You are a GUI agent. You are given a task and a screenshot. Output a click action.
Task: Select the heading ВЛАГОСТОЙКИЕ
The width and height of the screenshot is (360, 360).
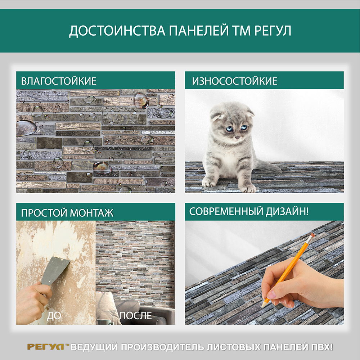coord(59,81)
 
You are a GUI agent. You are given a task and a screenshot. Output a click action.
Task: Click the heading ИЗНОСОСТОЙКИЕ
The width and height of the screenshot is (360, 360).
coord(235,81)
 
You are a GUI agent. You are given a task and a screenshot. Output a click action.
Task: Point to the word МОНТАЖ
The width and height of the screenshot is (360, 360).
coord(91,213)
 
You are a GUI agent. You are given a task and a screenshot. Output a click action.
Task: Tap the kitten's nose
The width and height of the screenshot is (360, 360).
coord(237,137)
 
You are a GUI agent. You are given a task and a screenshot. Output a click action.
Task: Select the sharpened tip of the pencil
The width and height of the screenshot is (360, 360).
coord(262,306)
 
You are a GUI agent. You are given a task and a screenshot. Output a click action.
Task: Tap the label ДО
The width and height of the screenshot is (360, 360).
coord(54,316)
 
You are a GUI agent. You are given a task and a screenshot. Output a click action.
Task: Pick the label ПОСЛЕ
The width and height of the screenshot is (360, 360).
coord(136,316)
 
